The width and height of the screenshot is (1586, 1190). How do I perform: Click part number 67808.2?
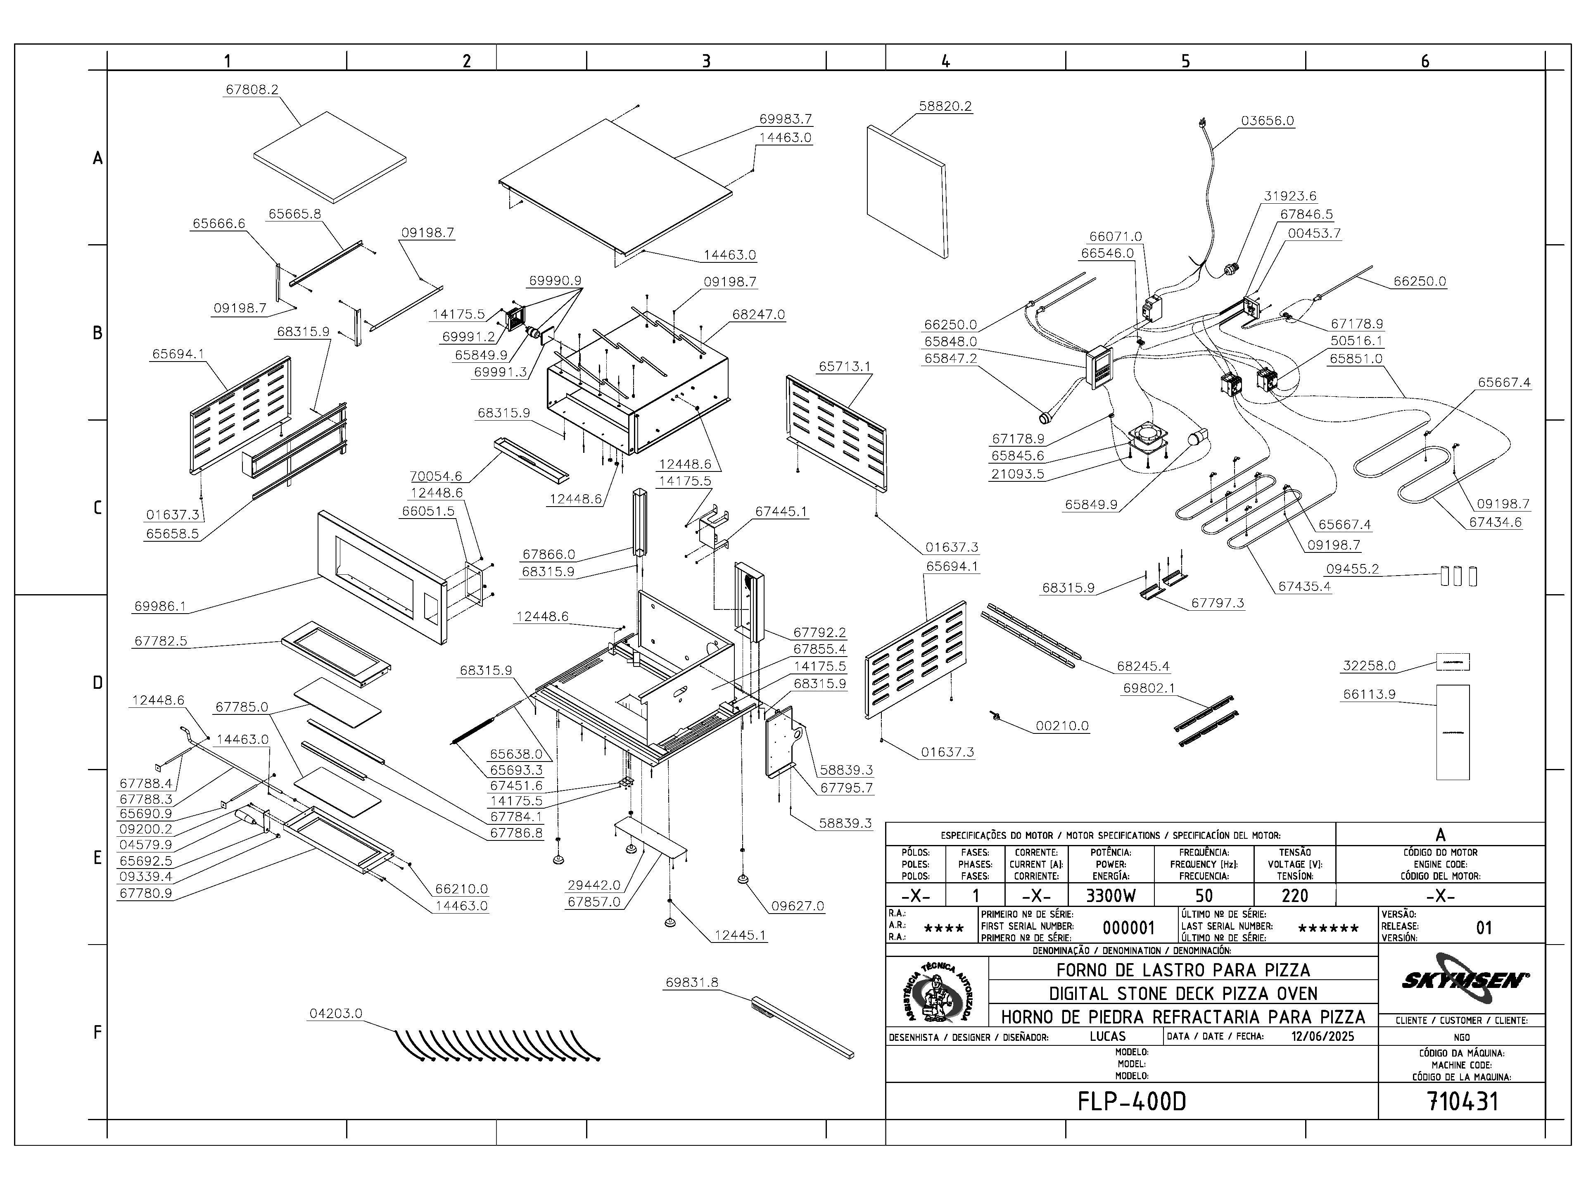point(252,90)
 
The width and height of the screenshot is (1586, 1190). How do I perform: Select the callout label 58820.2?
point(945,106)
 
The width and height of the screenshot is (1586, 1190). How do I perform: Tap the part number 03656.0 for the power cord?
point(1267,121)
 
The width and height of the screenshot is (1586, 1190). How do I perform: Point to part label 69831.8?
point(691,983)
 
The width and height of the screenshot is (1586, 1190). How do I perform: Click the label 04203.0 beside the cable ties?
point(335,1014)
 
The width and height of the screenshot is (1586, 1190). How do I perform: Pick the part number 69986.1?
point(160,606)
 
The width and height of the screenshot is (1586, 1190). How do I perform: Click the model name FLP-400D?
point(1131,1101)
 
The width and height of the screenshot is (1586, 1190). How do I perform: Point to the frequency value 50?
point(1204,896)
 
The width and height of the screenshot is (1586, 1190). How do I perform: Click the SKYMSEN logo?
point(1461,980)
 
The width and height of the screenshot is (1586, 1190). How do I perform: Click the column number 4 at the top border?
point(946,62)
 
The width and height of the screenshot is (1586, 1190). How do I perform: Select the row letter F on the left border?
point(97,1032)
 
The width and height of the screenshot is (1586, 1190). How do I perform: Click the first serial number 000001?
point(1128,928)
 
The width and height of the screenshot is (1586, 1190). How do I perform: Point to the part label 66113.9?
point(1370,694)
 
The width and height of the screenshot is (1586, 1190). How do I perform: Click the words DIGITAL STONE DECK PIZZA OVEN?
point(1183,993)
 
